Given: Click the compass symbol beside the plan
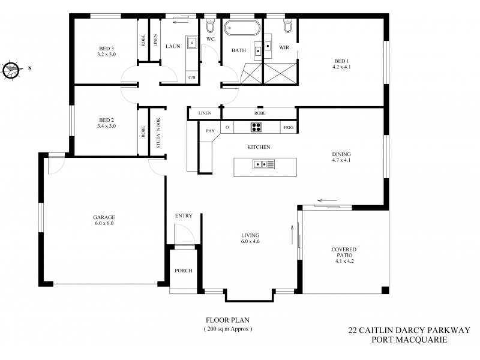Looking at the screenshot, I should click(11, 69).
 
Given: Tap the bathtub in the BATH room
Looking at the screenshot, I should click(242, 28).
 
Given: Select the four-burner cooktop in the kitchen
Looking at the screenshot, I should click(256, 127).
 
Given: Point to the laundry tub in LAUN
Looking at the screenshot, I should click(192, 43).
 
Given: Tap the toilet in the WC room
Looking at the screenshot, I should click(211, 27).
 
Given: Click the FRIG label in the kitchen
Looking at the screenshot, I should click(288, 128).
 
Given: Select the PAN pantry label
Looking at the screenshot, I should click(210, 128).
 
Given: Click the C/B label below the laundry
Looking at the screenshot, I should click(192, 77).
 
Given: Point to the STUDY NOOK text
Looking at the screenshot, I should click(159, 133).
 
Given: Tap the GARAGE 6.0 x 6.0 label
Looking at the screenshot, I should click(103, 220).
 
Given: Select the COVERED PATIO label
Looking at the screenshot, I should click(344, 256).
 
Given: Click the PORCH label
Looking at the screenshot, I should click(184, 271).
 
